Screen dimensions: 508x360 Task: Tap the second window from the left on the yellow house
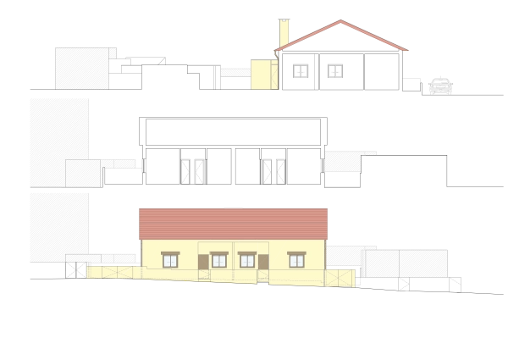point(219,259)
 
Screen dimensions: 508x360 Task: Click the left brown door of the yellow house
point(204,264)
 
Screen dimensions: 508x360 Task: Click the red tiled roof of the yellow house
point(233,224)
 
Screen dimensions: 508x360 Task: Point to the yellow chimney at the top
point(283,34)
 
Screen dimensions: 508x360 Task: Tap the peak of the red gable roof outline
point(341,20)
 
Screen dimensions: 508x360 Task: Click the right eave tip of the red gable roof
point(409,52)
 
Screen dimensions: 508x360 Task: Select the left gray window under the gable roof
point(299,72)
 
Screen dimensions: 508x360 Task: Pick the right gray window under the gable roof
point(336,72)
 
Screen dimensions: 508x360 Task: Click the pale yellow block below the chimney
point(264,73)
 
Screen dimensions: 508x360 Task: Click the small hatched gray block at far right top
point(440,84)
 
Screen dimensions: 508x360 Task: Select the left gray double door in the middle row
point(193,169)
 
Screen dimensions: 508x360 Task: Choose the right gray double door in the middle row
point(273,169)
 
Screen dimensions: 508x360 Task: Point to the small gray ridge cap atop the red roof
point(231,207)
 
